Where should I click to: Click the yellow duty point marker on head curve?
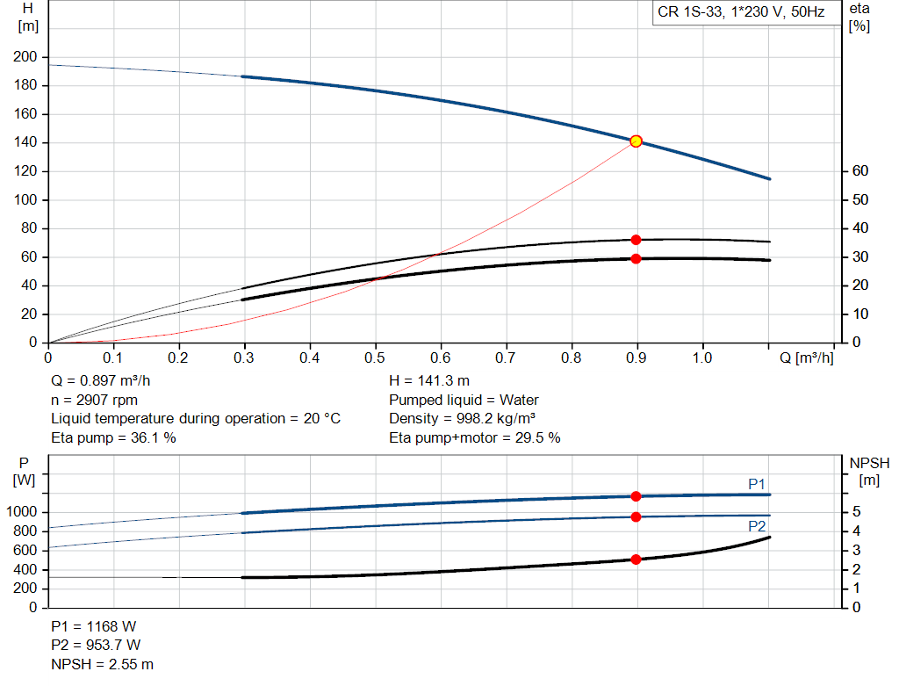point(636,141)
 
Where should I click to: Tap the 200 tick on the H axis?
point(25,57)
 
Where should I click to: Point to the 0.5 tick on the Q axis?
point(375,358)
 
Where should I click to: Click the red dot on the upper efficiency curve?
point(636,240)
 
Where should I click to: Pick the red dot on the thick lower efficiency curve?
point(636,258)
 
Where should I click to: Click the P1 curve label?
point(757,484)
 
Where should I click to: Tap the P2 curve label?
point(757,526)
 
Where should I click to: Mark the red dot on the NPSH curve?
point(636,560)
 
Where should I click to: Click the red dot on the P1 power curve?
point(636,496)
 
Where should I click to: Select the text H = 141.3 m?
point(430,381)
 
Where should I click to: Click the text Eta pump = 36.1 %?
point(113,437)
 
